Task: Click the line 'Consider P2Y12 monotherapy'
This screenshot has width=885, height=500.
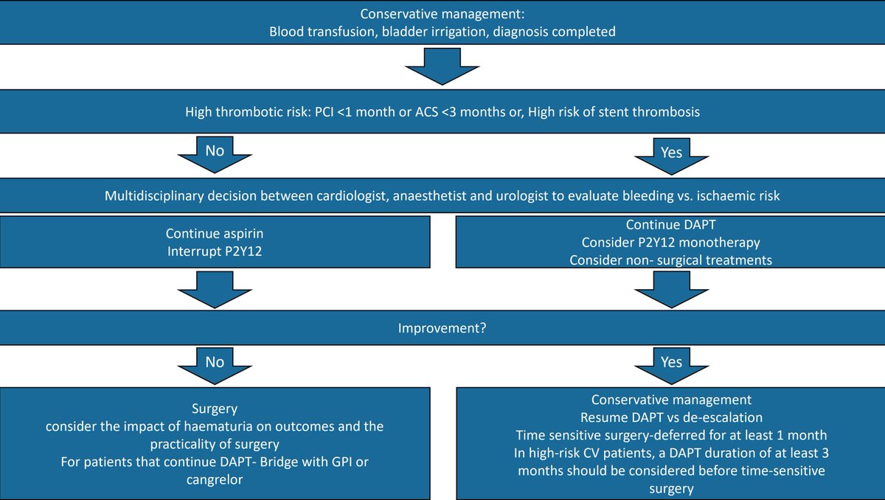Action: point(670,242)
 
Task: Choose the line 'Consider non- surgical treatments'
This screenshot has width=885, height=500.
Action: point(670,260)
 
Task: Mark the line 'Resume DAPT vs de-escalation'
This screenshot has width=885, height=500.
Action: point(670,417)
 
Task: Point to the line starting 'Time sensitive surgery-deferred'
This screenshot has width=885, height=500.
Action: point(670,435)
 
